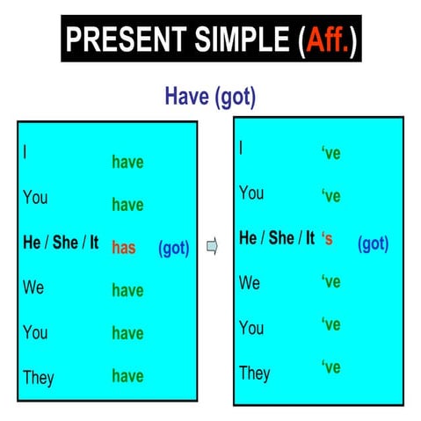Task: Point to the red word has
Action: [x=124, y=248]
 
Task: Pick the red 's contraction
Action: [x=328, y=238]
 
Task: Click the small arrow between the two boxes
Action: [x=212, y=247]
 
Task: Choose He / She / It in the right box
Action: [x=277, y=238]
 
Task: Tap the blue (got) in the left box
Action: [x=173, y=248]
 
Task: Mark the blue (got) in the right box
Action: [x=373, y=243]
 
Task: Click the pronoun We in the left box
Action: [x=33, y=287]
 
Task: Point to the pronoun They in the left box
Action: [x=39, y=377]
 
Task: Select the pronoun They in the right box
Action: [x=255, y=373]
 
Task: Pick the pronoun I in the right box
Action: [x=242, y=147]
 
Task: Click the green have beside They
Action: [x=127, y=376]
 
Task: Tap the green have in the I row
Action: [x=127, y=163]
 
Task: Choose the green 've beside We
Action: [x=330, y=282]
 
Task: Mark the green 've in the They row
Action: [x=330, y=367]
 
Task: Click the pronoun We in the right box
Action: [x=250, y=282]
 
